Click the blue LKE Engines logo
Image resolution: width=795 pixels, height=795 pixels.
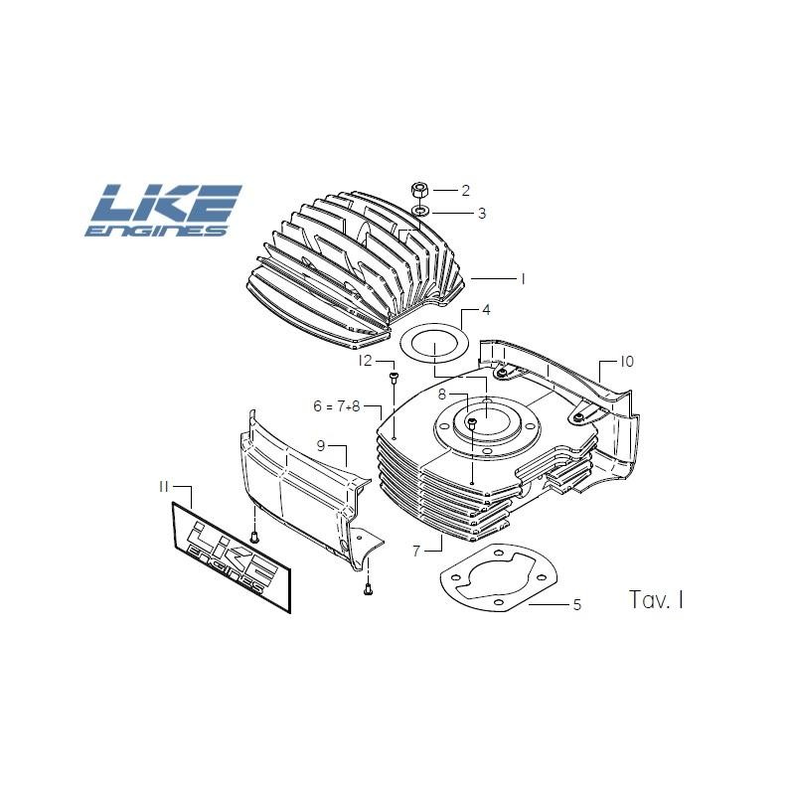[165, 211]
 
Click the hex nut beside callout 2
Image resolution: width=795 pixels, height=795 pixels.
[420, 189]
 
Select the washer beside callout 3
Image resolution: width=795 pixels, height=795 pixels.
[421, 212]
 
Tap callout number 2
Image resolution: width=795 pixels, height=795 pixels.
[465, 190]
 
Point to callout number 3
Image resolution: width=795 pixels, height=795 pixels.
[481, 213]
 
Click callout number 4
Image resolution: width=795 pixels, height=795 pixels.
[486, 310]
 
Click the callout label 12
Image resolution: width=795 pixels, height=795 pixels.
[365, 361]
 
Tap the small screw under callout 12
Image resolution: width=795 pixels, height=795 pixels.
[394, 377]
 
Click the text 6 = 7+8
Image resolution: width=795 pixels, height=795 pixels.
[335, 405]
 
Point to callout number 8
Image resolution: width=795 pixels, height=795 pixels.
[441, 395]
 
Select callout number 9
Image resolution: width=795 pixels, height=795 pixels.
[321, 445]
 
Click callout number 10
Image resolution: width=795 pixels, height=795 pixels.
[626, 362]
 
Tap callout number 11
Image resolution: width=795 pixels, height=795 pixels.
[164, 487]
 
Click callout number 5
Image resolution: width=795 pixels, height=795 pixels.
[577, 603]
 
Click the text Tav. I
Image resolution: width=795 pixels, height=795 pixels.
[656, 599]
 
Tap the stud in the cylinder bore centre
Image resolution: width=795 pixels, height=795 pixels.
[473, 423]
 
